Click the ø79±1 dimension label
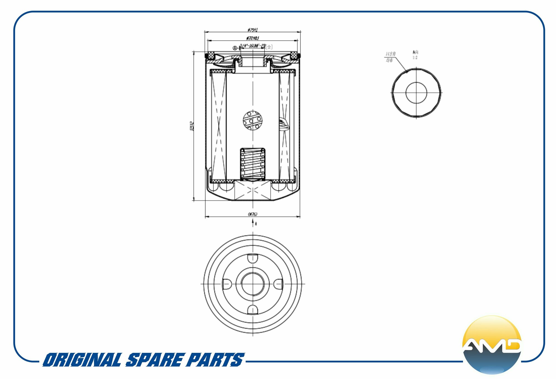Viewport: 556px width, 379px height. coord(253,30)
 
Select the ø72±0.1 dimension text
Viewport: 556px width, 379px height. coord(253,38)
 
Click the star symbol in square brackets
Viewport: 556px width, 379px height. coord(269,47)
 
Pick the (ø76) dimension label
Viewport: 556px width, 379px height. coord(253,214)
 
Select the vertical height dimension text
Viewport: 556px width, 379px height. coord(192,126)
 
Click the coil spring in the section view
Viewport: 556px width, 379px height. coord(253,164)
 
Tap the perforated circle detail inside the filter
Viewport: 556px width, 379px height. coord(253,121)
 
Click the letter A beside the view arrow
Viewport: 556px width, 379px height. coord(256,224)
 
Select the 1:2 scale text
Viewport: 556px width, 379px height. coord(415,58)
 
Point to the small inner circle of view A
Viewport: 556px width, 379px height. coord(416,93)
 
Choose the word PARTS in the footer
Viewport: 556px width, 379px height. coord(215,360)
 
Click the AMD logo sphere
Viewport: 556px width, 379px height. coord(492,345)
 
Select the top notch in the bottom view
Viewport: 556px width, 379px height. coord(253,258)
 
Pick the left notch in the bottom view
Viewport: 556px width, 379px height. coord(227,284)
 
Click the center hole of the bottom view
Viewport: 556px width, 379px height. coord(253,284)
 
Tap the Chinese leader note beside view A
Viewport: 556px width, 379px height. coord(390,57)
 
